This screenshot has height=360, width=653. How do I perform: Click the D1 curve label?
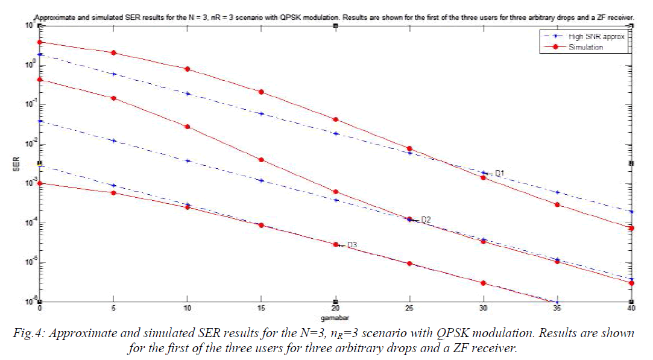coord(499,174)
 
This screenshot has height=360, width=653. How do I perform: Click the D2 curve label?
coord(426,219)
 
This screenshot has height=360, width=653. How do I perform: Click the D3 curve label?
coord(352,244)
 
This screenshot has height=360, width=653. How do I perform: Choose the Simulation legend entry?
coord(585,46)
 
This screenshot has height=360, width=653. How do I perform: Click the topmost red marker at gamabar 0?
coord(40,42)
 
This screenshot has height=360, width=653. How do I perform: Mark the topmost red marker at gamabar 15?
coord(262,92)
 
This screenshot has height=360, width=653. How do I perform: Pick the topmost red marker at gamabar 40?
coord(631,229)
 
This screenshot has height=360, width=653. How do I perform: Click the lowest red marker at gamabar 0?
coord(40,183)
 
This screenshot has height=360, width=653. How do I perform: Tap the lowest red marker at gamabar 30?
coord(484,283)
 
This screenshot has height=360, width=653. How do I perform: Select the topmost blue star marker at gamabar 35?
coord(557,192)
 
